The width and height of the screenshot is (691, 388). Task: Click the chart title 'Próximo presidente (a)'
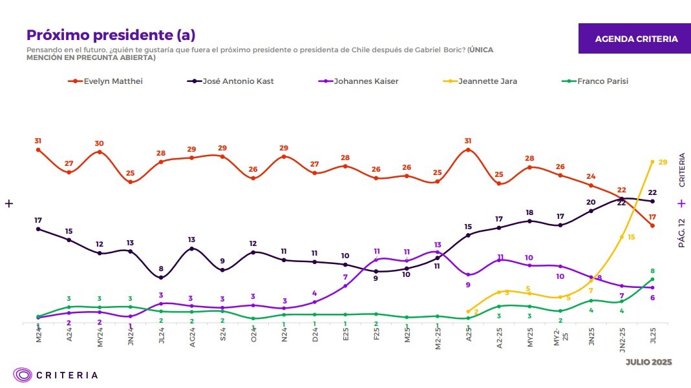tap(111, 35)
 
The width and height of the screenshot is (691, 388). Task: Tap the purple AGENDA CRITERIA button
tap(636, 39)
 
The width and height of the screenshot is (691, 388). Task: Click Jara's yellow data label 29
tap(663, 161)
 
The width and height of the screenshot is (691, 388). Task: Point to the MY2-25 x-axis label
tap(559, 338)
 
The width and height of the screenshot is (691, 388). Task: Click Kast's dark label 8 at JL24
tap(160, 269)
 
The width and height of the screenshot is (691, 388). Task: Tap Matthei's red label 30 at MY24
tap(100, 143)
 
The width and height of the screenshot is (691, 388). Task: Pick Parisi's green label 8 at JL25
tap(653, 271)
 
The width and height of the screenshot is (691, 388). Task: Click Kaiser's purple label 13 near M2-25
tap(438, 245)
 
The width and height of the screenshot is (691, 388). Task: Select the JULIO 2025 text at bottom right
tap(648, 362)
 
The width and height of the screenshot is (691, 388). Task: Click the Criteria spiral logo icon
tap(23, 374)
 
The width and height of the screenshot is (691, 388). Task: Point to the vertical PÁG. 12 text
tap(681, 233)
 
